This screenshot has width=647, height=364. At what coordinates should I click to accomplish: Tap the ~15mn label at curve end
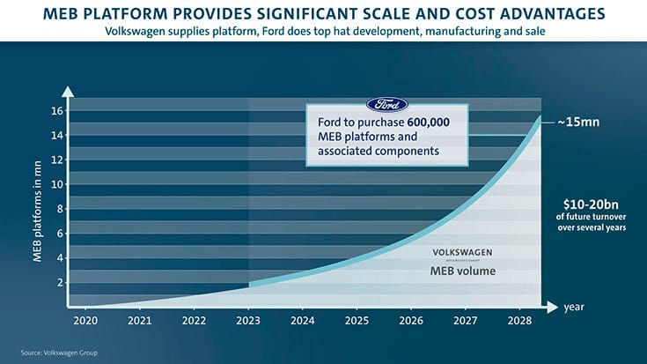pos(581,122)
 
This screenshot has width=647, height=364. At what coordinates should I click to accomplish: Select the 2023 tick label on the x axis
pos(249,321)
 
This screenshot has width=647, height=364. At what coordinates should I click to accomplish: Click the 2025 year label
pos(357,321)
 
